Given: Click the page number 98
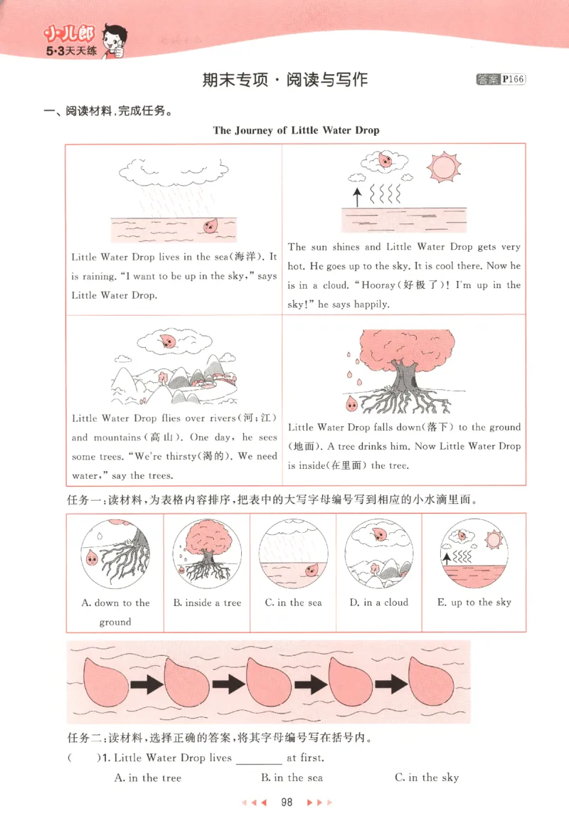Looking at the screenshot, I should click(x=287, y=802).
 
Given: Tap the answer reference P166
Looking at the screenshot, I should click(x=512, y=80).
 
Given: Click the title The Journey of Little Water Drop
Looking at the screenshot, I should click(x=296, y=130).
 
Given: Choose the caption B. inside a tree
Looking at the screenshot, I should click(x=207, y=603).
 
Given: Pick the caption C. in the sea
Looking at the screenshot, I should click(x=293, y=603).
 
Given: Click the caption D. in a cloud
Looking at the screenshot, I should click(x=378, y=603).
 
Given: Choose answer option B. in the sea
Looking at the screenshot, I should click(x=292, y=778).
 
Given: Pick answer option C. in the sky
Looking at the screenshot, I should click(x=427, y=778).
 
